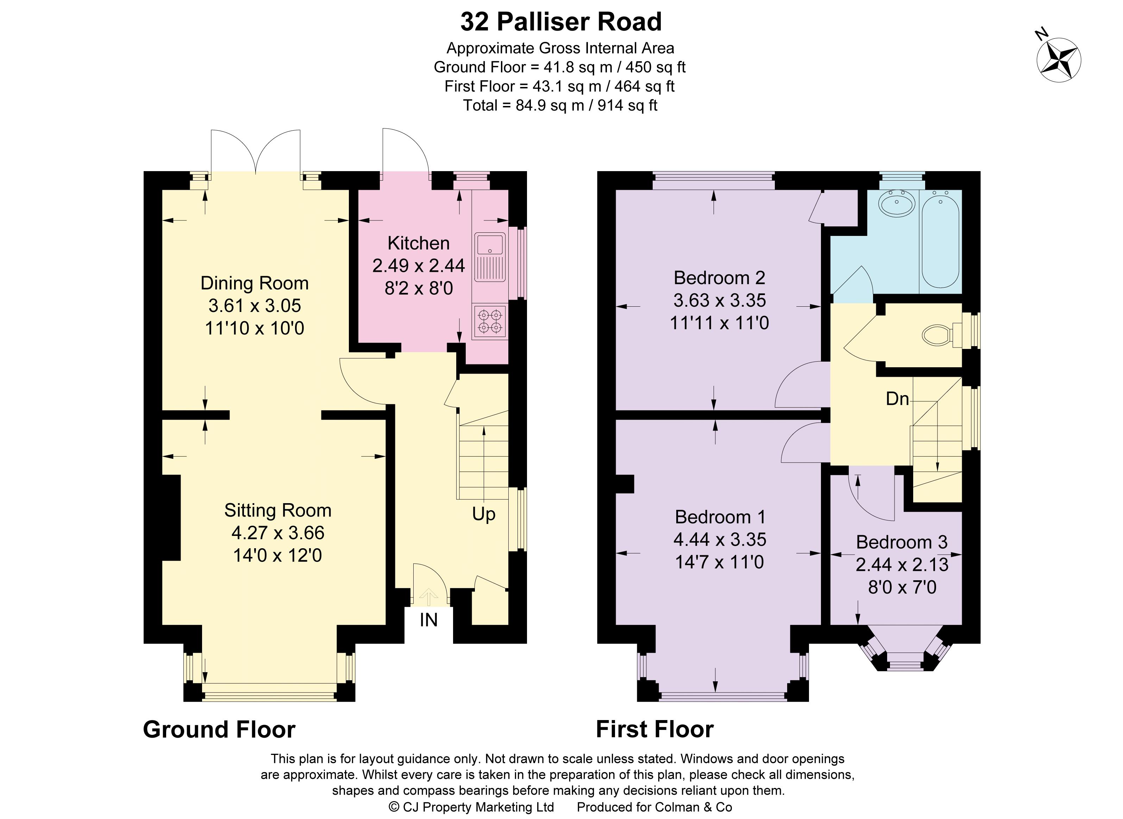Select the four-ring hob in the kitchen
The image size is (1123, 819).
coord(490,321)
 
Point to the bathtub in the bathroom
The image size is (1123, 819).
coord(940,240)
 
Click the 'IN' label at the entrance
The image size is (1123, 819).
coord(429,620)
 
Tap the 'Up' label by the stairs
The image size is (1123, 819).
coord(484,514)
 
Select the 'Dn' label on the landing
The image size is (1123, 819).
coord(897,399)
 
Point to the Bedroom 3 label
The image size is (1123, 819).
coord(902,542)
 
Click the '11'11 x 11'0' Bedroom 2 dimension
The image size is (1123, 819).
coord(719,323)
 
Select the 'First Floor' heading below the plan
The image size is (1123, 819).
coord(655,729)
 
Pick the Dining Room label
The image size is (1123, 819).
coord(254,283)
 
